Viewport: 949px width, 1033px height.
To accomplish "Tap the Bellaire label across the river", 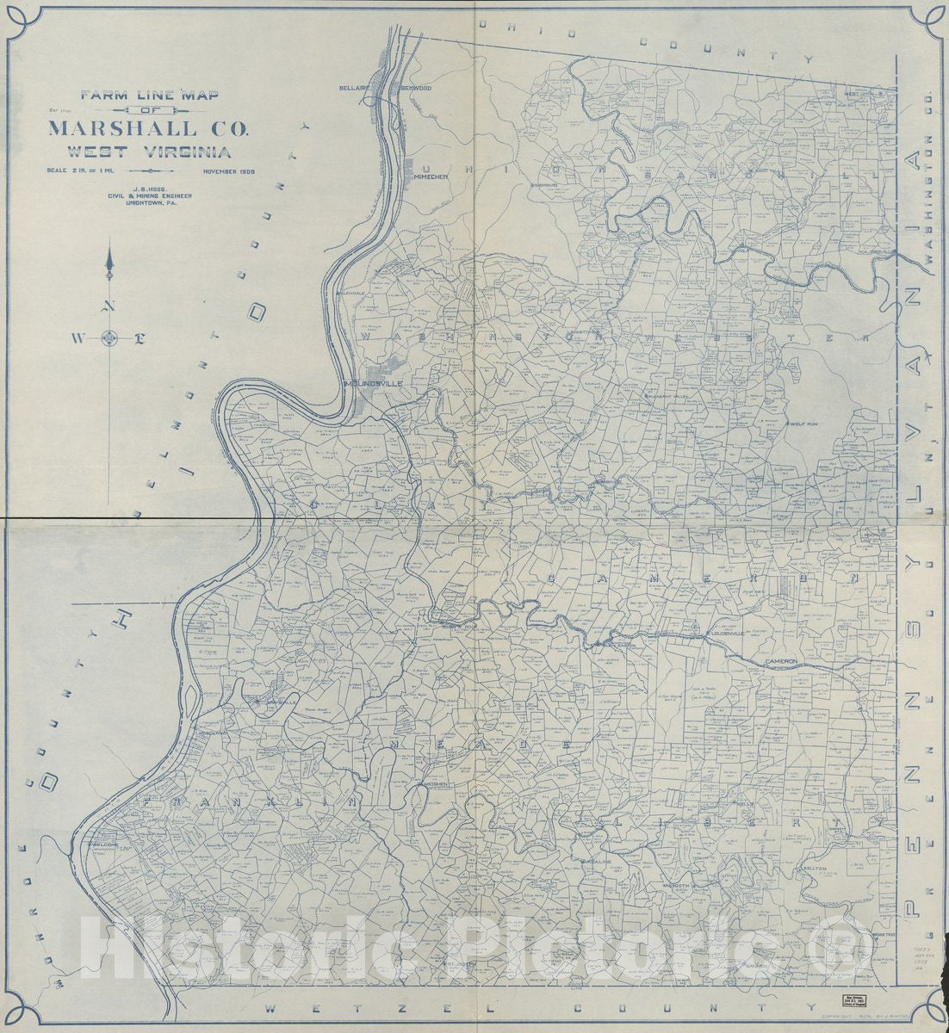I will (353, 88).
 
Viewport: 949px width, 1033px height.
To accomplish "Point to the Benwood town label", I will (416, 88).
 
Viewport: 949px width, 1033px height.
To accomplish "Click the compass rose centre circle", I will (109, 337).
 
